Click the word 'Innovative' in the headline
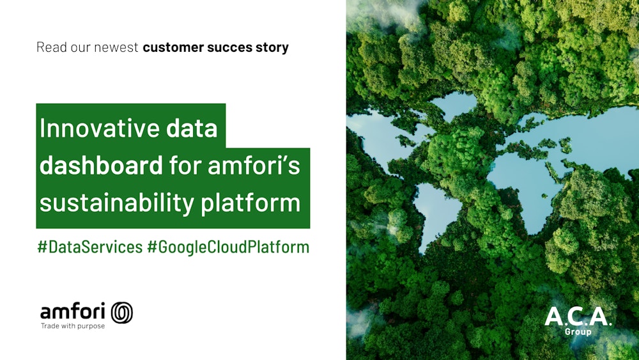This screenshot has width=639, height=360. [x=100, y=128]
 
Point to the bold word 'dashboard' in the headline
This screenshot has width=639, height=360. [x=101, y=166]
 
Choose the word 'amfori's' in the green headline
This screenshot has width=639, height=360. [x=254, y=166]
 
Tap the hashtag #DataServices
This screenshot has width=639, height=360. [x=90, y=247]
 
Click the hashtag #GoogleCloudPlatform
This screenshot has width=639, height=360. [x=228, y=247]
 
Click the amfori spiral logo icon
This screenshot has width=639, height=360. [x=122, y=312]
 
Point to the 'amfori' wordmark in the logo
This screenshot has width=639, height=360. [x=73, y=311]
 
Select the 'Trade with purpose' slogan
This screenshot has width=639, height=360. [x=72, y=326]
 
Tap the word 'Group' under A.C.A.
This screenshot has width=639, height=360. [x=578, y=332]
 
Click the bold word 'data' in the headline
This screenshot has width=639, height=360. [x=192, y=128]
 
